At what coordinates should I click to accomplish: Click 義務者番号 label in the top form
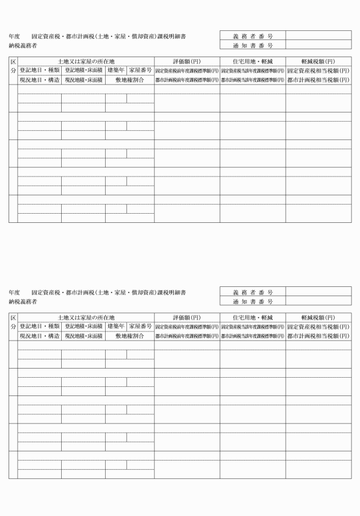point(253,35)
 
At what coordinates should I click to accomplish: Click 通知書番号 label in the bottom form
point(253,301)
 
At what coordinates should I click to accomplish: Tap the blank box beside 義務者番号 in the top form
point(318,35)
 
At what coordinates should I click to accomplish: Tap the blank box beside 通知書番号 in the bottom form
point(318,301)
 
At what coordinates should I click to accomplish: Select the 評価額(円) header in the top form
point(186,61)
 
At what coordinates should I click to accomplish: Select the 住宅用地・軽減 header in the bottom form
point(253,317)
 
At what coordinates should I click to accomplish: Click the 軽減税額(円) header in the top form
point(318,61)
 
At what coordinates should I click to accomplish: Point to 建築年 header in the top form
point(116,70)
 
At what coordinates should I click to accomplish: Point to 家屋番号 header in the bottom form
point(140,326)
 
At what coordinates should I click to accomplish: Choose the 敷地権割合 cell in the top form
point(129,80)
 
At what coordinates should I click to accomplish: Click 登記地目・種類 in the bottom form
point(39,326)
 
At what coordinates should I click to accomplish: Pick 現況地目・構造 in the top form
point(39,80)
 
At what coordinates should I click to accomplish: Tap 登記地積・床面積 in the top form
point(83,70)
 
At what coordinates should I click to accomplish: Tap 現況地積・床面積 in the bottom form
point(83,336)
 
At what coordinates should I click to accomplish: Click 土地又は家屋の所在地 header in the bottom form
point(86,317)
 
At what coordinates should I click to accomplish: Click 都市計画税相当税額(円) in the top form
point(318,80)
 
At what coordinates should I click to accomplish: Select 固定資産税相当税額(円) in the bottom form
point(318,326)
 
